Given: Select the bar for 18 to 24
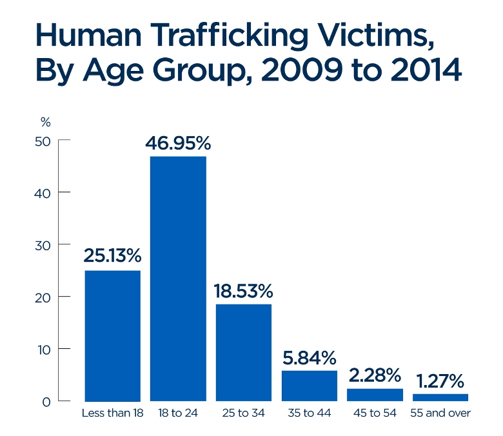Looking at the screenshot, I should (x=178, y=279).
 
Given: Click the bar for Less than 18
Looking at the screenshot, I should (x=113, y=335).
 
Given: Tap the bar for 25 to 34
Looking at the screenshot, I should (x=244, y=352).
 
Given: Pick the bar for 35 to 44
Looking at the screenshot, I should (x=310, y=386).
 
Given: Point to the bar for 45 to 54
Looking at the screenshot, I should (x=375, y=395).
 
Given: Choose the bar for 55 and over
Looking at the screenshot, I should (x=440, y=397).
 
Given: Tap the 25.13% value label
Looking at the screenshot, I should (x=112, y=256).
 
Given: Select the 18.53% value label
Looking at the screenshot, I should (x=244, y=290).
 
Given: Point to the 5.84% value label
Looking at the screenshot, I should (x=310, y=356).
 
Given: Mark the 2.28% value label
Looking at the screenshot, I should (x=375, y=375).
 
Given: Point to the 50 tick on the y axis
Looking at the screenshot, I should (x=43, y=141).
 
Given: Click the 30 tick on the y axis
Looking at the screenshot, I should (x=43, y=245).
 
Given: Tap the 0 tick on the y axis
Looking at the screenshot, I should (x=47, y=402).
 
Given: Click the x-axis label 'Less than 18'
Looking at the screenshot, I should (x=113, y=413).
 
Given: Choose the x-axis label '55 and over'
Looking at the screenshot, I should (x=440, y=413).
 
